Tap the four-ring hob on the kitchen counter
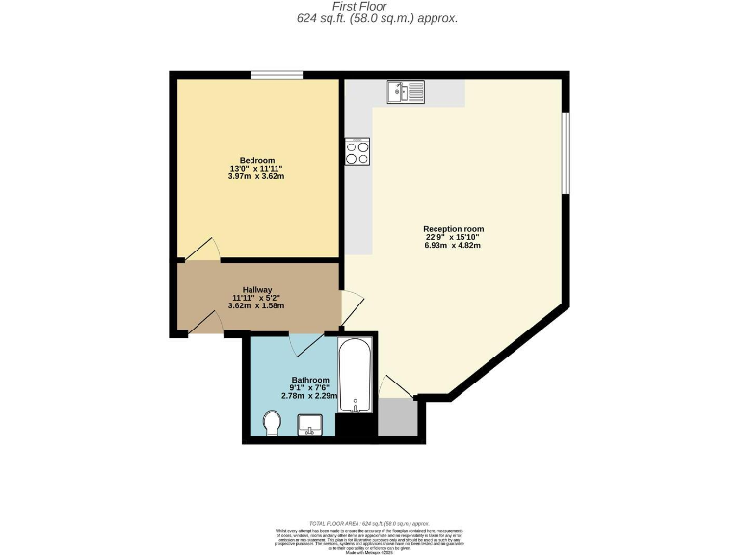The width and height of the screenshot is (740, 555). click(357, 152)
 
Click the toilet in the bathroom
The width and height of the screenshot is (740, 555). click(272, 421)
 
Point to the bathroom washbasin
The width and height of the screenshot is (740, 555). click(310, 424)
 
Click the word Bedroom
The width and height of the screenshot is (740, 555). click(257, 160)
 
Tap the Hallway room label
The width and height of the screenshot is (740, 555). click(256, 289)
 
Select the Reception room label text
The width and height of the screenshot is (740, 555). click(453, 228)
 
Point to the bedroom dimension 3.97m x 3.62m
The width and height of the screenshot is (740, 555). click(256, 176)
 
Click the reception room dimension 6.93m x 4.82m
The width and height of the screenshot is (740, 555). click(453, 245)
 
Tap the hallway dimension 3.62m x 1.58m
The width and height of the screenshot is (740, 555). click(256, 305)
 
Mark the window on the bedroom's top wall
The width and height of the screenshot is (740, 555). click(277, 75)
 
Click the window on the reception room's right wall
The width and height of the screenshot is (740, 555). click(567, 153)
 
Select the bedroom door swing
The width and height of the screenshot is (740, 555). click(203, 250)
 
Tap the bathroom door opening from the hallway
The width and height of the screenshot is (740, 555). click(308, 343)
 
